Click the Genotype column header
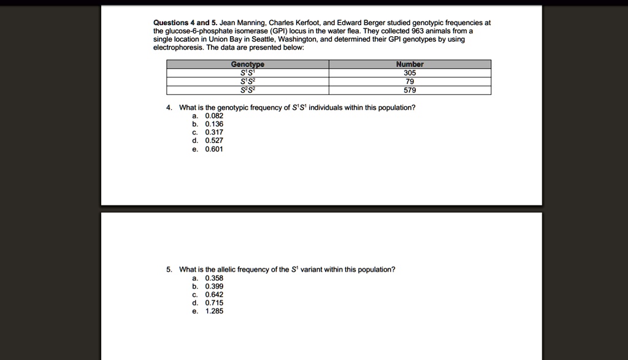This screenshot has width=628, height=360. pyautogui.click(x=248, y=64)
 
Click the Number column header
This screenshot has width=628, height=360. pyautogui.click(x=410, y=64)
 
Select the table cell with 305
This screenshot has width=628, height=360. pyautogui.click(x=410, y=72)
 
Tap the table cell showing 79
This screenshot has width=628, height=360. pyautogui.click(x=410, y=81)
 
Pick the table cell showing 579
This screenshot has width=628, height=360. pyautogui.click(x=410, y=90)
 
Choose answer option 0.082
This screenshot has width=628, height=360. pyautogui.click(x=214, y=115)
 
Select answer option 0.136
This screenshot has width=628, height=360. pyautogui.click(x=214, y=124)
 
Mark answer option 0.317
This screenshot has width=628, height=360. pyautogui.click(x=214, y=132)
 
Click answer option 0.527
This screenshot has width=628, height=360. pyautogui.click(x=214, y=140)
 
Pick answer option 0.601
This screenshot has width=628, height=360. pyautogui.click(x=214, y=149)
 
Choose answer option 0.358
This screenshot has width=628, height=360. pyautogui.click(x=214, y=278)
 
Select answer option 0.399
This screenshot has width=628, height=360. pyautogui.click(x=214, y=286)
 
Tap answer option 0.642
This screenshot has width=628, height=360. pyautogui.click(x=214, y=294)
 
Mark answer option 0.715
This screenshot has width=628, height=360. pyautogui.click(x=214, y=303)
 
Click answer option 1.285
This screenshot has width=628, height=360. pyautogui.click(x=214, y=311)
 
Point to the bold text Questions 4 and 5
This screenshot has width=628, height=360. pyautogui.click(x=181, y=23)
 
